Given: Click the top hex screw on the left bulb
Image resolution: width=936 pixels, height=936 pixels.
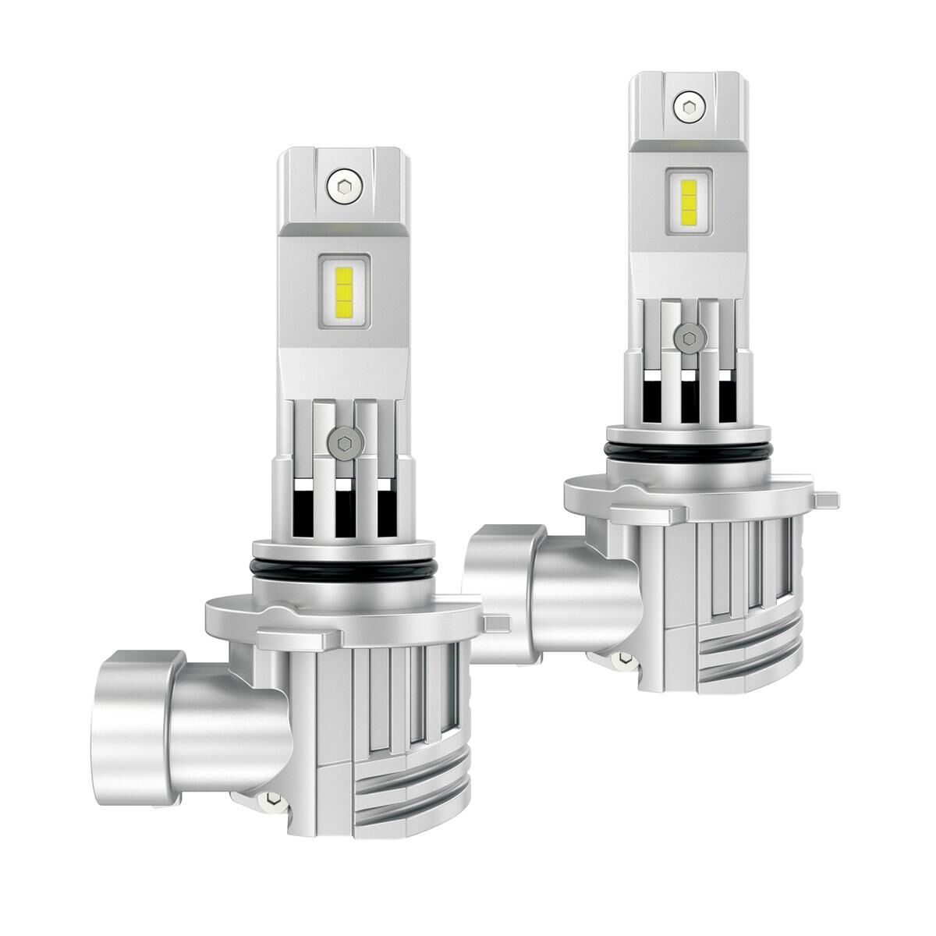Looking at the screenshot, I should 342,186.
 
